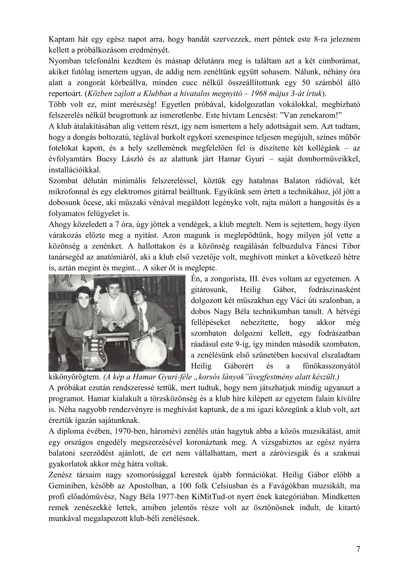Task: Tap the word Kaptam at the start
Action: (x=60, y=40)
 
